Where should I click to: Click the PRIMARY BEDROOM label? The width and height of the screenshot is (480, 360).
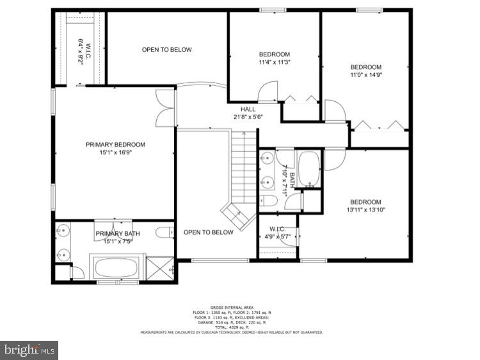tap(115, 145)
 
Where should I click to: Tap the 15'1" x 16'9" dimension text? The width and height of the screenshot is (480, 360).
tap(115, 153)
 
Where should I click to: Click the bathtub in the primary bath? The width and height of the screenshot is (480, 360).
tap(117, 268)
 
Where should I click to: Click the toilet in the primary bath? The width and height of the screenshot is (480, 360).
tap(164, 231)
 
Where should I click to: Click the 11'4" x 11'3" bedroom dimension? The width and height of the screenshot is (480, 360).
tap(275, 63)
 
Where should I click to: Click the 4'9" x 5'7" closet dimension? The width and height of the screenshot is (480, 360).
tap(277, 236)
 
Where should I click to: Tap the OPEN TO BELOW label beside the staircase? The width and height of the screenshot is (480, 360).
tap(208, 233)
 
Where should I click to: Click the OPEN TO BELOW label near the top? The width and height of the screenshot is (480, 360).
tap(166, 50)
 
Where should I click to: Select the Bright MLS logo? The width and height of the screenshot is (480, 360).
tap(29, 350)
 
